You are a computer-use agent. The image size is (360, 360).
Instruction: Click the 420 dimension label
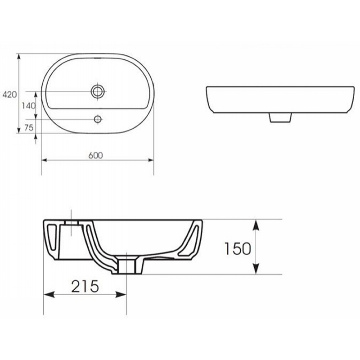point(9,94)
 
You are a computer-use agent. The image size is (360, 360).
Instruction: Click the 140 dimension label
point(29,106)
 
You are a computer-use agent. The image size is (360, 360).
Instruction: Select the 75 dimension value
point(29,127)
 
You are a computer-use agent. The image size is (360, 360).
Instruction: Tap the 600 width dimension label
point(95,155)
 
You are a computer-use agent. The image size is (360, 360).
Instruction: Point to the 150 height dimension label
point(238,248)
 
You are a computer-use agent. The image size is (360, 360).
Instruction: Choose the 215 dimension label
point(85,286)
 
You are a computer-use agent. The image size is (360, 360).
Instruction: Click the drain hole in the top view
point(98,91)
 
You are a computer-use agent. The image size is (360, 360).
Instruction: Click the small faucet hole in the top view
point(98,119)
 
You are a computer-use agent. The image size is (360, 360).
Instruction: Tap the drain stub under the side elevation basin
point(280,117)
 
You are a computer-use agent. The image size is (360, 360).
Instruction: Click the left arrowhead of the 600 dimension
point(44,160)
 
